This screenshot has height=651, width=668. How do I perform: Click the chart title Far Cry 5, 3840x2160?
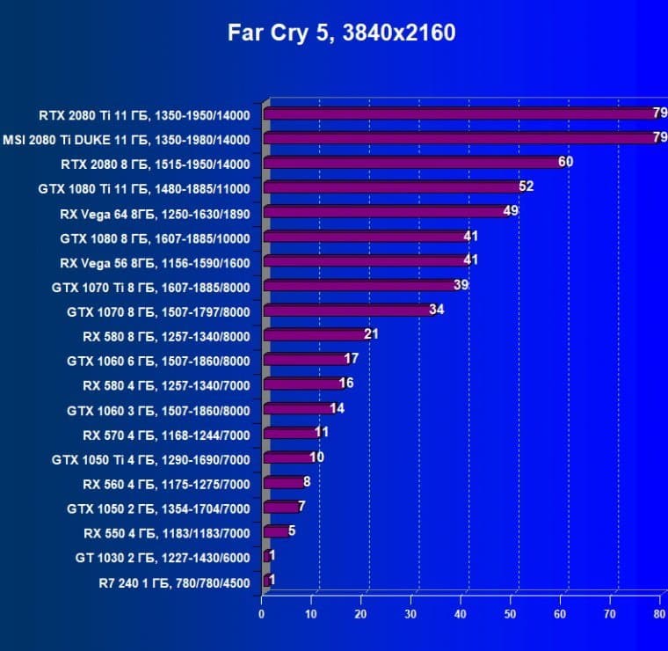click(342, 33)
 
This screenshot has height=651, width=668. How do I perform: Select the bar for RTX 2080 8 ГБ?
click(413, 163)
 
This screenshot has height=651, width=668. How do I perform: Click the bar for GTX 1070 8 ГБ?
click(348, 310)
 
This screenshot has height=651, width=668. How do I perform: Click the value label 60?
click(565, 163)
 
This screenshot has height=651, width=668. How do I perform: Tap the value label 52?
click(526, 187)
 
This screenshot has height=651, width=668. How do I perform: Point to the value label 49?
click(511, 212)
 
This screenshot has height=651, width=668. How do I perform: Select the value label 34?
click(436, 310)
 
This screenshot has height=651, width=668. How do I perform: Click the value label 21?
click(371, 334)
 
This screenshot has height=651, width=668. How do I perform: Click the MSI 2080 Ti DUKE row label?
click(127, 139)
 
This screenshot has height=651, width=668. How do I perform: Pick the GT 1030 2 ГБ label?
click(163, 557)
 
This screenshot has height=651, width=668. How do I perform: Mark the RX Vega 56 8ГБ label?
click(155, 261)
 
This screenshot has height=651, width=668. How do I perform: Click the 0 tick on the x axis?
click(262, 614)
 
